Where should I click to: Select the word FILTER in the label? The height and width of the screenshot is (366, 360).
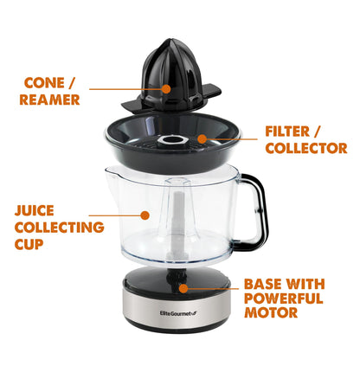[290, 132]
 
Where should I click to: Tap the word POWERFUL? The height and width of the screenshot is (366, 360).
[283, 299]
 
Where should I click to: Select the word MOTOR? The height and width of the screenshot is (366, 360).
[270, 313]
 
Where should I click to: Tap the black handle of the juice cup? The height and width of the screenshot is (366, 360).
[251, 208]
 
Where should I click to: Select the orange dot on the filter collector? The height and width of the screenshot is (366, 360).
[202, 137]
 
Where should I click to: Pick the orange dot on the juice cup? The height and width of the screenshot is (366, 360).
[145, 214]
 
